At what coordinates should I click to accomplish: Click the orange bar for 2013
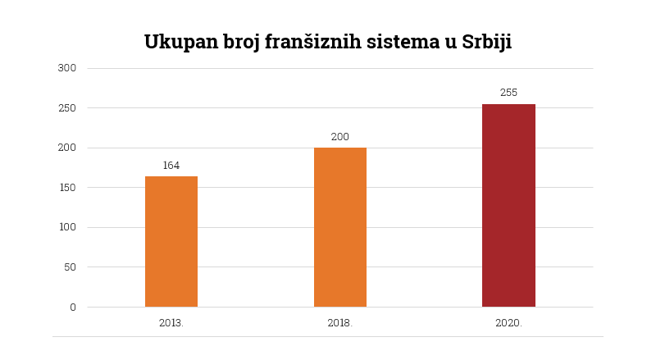171,241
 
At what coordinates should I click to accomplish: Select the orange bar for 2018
340,227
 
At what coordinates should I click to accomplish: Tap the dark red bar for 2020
508,205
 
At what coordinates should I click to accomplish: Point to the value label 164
171,166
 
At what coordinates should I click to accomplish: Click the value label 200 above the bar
340,137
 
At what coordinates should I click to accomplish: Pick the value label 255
508,93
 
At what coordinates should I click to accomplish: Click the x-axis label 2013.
171,323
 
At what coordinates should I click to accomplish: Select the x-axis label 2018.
340,323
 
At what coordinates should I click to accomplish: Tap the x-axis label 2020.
508,323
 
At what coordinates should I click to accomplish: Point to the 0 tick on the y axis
72,307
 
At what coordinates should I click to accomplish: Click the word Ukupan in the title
180,43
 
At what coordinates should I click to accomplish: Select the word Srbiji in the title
486,42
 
